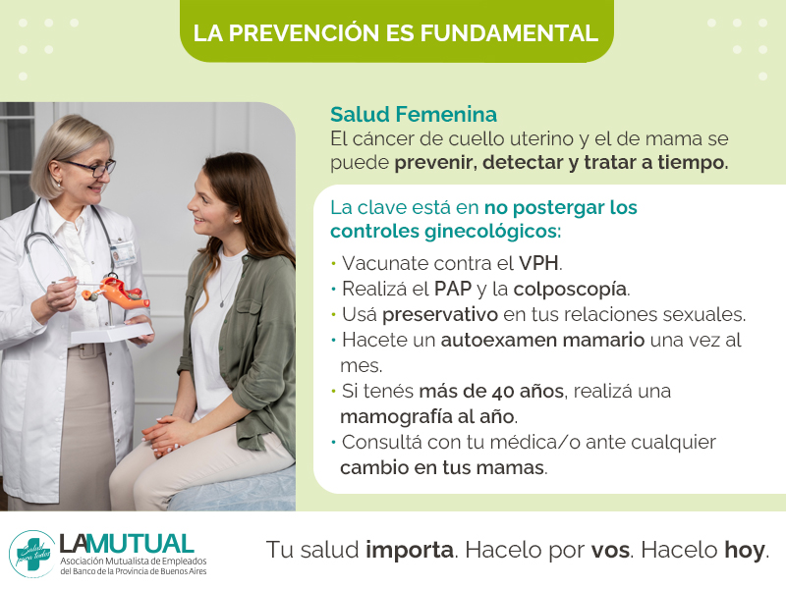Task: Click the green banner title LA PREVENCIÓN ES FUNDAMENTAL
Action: (x=396, y=32)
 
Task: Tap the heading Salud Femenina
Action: (x=414, y=114)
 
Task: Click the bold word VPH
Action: (x=538, y=263)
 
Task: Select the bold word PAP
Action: (x=453, y=289)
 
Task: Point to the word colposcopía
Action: (x=570, y=290)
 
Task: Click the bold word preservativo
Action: (x=440, y=315)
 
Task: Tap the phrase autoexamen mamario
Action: (x=542, y=340)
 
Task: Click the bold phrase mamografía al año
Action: (x=427, y=416)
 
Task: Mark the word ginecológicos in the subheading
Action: (x=490, y=232)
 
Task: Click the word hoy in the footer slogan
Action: (x=745, y=551)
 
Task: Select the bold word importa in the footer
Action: (x=410, y=551)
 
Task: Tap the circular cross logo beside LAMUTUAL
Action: (x=32, y=554)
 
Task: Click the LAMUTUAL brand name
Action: (x=127, y=544)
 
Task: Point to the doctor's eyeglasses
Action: (x=91, y=166)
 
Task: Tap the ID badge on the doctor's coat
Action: (x=123, y=253)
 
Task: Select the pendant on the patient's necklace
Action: (x=222, y=303)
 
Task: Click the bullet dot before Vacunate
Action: (x=333, y=263)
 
